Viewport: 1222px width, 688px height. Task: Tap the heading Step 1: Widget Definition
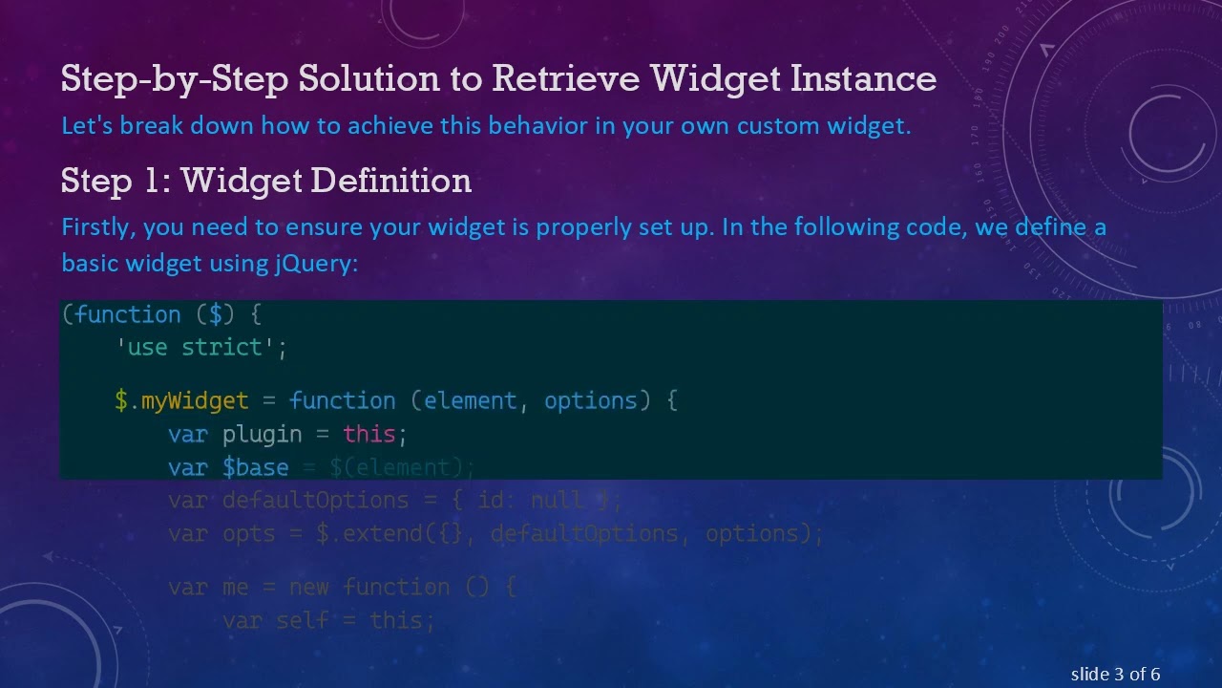click(x=265, y=181)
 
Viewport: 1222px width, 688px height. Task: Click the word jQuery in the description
click(x=314, y=263)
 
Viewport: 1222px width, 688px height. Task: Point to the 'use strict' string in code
click(x=201, y=347)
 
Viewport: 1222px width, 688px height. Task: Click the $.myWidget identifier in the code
click(x=181, y=400)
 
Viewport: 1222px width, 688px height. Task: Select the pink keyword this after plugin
click(x=369, y=434)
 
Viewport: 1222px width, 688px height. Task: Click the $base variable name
click(x=255, y=467)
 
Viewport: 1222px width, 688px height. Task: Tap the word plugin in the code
click(x=262, y=434)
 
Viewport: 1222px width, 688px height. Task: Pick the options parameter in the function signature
click(x=590, y=400)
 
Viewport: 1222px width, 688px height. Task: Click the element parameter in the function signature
click(x=470, y=400)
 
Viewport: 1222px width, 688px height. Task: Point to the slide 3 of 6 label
click(x=1115, y=675)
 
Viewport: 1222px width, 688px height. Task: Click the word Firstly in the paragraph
click(x=97, y=227)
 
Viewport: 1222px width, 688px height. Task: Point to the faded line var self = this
click(x=328, y=620)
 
